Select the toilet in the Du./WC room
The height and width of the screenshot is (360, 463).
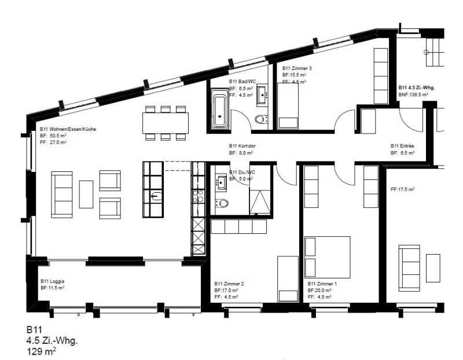pos(222,203)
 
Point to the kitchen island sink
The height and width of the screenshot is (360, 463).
pos(153,196)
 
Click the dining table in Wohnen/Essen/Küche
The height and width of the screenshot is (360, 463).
pos(166,122)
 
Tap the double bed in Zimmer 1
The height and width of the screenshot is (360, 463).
pos(328,256)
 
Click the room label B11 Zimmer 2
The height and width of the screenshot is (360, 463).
pos(229,284)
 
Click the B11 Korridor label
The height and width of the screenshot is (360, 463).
pos(242,146)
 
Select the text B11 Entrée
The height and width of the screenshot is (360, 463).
pos(403,146)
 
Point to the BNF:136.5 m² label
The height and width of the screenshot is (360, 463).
pos(413,94)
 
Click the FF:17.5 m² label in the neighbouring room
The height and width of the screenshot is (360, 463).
pos(403,189)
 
